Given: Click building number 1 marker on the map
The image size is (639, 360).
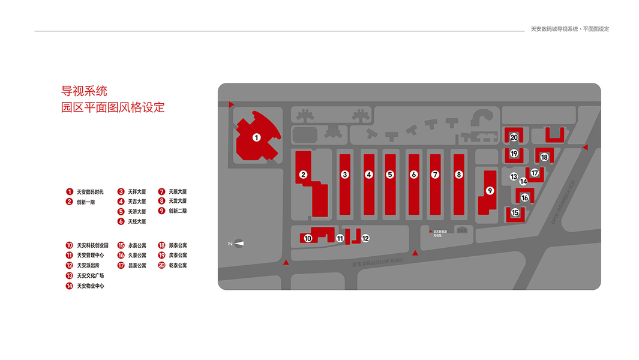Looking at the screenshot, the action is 256,137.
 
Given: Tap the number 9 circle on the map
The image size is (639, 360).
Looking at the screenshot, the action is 490,191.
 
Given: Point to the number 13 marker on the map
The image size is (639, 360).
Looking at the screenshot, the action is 514,176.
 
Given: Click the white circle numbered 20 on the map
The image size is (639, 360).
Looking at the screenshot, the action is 514,137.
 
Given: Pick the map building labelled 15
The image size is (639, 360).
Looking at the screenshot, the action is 515,212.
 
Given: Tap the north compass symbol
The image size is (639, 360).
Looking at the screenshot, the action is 238,243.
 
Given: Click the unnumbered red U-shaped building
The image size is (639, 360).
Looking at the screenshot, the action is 554,134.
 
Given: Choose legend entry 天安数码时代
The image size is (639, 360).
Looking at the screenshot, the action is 90,192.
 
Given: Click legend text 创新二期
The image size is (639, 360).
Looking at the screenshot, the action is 178,211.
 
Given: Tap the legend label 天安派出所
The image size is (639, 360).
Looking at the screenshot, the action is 88,265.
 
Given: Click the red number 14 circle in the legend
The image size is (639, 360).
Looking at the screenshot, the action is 70,286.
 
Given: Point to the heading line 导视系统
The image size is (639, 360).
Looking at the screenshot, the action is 84,91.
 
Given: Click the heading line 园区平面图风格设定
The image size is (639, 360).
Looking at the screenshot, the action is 113,108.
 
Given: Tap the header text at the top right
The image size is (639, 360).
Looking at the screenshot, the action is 570,29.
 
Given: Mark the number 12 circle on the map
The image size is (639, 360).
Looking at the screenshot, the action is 365,238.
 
